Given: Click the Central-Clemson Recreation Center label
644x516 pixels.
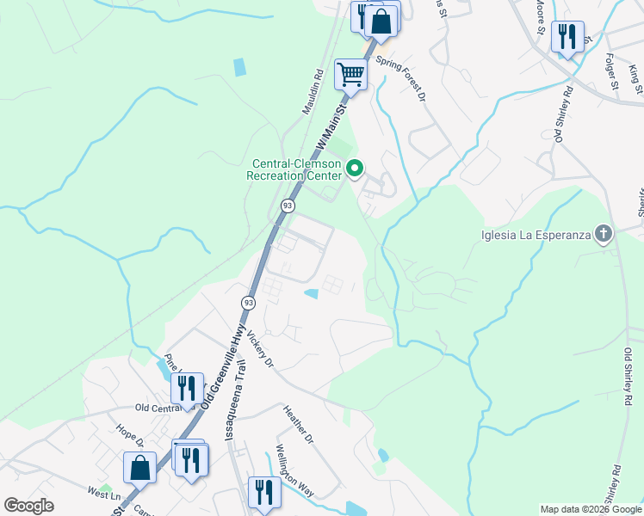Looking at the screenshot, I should tap(297, 169).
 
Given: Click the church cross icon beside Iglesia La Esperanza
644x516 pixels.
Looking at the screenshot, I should tap(604, 233).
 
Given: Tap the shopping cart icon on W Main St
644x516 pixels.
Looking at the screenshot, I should tap(351, 74).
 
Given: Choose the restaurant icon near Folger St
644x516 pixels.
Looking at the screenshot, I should tap(567, 36).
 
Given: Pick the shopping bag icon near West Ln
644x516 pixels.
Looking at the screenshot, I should tap(140, 469).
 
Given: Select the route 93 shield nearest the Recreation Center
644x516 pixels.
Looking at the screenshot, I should tap(288, 206).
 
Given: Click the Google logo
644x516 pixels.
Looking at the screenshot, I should tap(28, 505).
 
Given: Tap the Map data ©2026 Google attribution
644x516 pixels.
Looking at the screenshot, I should tap(591, 509).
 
